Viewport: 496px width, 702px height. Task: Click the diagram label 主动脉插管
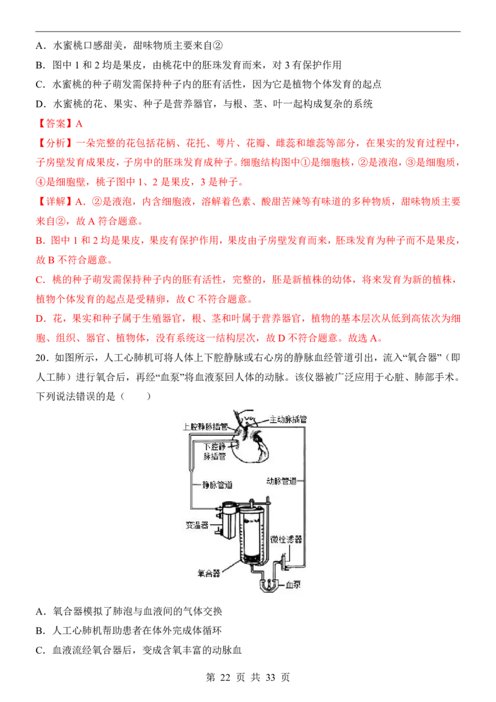click(x=288, y=419)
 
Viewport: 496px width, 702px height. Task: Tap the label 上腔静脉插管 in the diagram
click(x=205, y=427)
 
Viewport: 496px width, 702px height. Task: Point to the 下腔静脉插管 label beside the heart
click(x=215, y=451)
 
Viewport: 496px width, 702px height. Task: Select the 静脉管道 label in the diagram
click(x=217, y=484)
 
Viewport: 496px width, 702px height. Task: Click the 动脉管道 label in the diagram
click(x=281, y=481)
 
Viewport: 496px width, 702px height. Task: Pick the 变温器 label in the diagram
click(x=197, y=525)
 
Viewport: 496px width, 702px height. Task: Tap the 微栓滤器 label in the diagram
click(x=286, y=539)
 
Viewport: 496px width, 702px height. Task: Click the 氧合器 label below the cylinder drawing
click(x=208, y=573)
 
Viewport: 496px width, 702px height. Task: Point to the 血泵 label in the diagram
click(x=293, y=584)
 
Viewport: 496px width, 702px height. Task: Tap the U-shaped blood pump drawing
click(x=268, y=585)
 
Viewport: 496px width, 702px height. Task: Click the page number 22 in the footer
click(x=225, y=677)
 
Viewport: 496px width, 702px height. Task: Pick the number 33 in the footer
click(x=270, y=677)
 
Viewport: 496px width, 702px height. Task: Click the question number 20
click(x=41, y=358)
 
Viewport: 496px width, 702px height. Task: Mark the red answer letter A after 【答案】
click(x=79, y=123)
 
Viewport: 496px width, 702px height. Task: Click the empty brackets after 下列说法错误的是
click(x=136, y=396)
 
